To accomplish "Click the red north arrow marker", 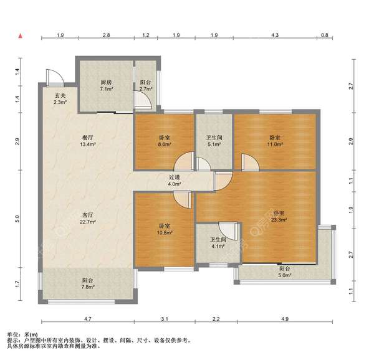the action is click(x=21, y=36).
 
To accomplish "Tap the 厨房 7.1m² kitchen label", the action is click(x=106, y=85).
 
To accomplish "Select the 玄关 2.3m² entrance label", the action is click(x=60, y=99).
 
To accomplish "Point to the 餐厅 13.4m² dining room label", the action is click(x=88, y=141).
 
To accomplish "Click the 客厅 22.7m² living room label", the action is click(x=88, y=218).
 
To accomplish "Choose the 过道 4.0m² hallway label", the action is click(x=174, y=181).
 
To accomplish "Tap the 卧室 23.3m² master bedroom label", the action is click(x=279, y=216).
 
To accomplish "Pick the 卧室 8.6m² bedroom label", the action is click(x=165, y=141).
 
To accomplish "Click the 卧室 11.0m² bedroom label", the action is click(x=275, y=141).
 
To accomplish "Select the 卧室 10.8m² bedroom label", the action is click(x=165, y=229).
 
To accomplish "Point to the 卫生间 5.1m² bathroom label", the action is click(x=214, y=141).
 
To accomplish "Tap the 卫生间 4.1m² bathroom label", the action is click(x=218, y=242).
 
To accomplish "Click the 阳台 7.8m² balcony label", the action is click(x=88, y=283).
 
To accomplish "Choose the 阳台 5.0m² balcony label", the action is click(x=285, y=272).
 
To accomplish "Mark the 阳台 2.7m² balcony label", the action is click(x=146, y=85).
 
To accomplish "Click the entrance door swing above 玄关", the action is click(x=55, y=78).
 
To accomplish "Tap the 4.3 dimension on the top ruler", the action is click(x=275, y=35).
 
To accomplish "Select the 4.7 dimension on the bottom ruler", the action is click(x=88, y=318).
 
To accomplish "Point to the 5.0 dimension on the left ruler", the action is click(x=17, y=219).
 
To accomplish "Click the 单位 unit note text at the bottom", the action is click(x=22, y=334).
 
